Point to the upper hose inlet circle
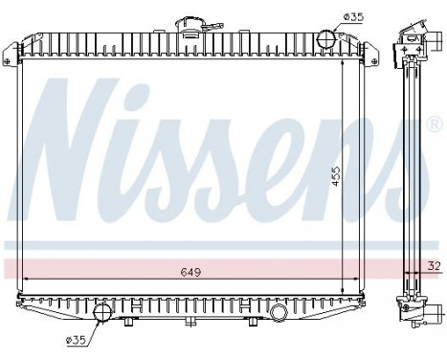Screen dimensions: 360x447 point(325,39)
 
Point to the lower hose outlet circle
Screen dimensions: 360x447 point(102,312)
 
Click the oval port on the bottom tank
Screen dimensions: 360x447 point(279,312)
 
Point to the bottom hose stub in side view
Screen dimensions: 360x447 point(436,311)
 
